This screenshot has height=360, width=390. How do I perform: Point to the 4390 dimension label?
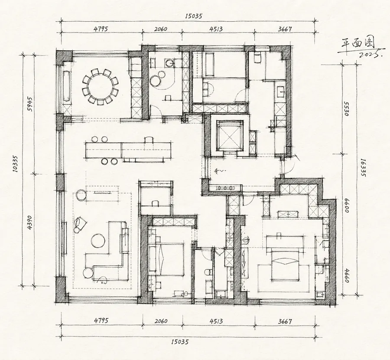tap(29, 222)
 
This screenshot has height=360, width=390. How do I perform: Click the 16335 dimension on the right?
tap(363, 168)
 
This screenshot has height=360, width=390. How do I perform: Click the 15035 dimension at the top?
tap(194, 16)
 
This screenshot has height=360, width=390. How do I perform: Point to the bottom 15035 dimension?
tap(179, 342)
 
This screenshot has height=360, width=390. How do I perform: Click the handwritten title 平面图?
tap(357, 44)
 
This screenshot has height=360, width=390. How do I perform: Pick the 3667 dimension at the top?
tap(285, 29)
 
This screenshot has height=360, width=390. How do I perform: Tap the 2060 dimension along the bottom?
tap(161, 321)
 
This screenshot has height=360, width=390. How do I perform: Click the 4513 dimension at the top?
tap(216, 29)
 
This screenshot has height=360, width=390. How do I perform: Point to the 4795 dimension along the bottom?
tap(101, 321)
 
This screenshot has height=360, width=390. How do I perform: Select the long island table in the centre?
tap(128, 150)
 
